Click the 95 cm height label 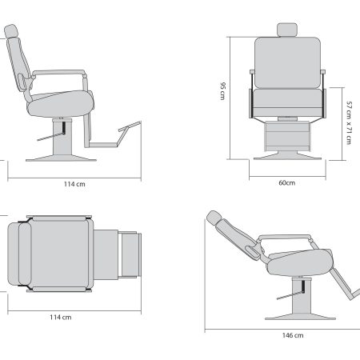[222, 91]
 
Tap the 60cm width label [287, 183]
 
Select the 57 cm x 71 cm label [349, 122]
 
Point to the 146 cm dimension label [293, 335]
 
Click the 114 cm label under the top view [61, 318]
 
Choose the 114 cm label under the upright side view [74, 184]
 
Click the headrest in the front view [287, 30]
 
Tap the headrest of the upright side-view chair [11, 31]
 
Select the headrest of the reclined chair [214, 218]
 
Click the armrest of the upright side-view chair [58, 73]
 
